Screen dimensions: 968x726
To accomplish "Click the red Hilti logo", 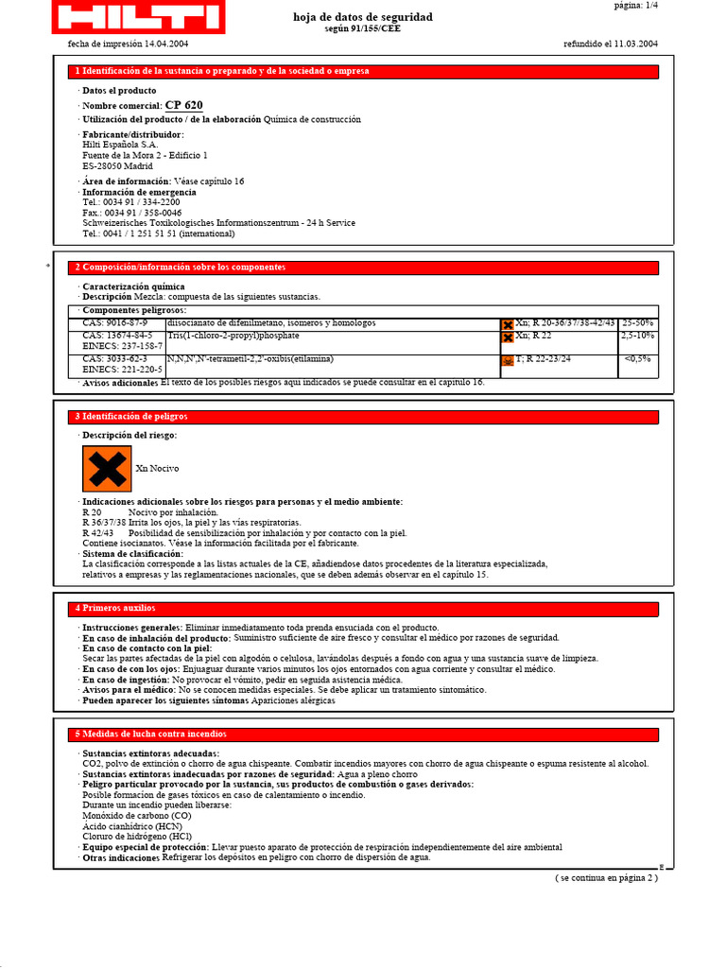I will [137, 17].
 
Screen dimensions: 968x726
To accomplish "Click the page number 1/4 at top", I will [635, 6].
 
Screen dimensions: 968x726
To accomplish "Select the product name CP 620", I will [183, 106].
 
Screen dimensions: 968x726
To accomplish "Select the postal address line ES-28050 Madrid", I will [117, 165].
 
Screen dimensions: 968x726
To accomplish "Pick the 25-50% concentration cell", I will [637, 323].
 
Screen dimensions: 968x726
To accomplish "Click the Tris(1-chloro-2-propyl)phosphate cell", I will [233, 336].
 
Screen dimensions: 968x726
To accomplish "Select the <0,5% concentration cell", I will [637, 359].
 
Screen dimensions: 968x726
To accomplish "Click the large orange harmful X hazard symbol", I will [106, 469].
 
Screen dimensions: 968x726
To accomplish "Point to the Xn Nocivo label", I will [157, 469].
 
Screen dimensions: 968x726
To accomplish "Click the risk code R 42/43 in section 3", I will [97, 533].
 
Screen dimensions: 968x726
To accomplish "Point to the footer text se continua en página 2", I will [605, 878].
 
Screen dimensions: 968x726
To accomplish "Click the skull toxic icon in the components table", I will [508, 361].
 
